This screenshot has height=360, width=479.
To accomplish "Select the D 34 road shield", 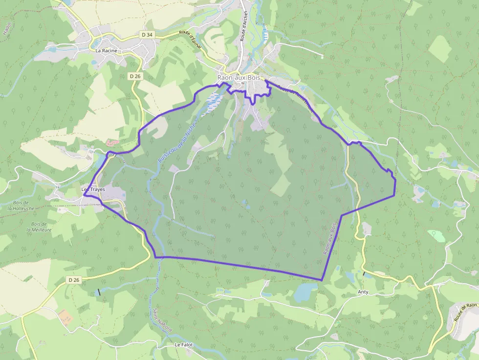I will point(147,35).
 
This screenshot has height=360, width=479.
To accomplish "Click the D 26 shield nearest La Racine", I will point(135,76).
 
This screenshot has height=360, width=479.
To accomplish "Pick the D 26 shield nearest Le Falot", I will point(74,280).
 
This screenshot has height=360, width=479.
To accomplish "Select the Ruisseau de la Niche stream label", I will point(177,142).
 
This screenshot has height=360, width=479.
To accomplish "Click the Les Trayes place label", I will point(92,190).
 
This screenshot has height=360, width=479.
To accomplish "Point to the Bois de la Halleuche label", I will point(21,205).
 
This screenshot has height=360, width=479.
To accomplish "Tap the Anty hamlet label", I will point(363,292).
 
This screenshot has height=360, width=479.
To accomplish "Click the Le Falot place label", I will point(184,344).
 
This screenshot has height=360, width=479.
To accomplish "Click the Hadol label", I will point(7,29).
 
